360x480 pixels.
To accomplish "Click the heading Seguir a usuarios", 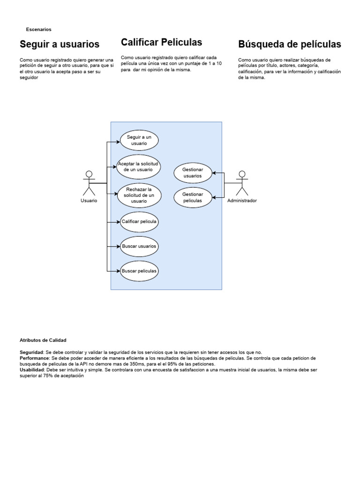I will pyautogui.click(x=60, y=45).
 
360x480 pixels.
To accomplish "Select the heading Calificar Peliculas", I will pyautogui.click(x=161, y=43).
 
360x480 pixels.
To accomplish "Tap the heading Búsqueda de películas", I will pyautogui.click(x=290, y=45).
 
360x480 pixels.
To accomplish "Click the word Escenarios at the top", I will pyautogui.click(x=38, y=30).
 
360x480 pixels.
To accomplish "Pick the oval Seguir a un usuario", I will pyautogui.click(x=139, y=140).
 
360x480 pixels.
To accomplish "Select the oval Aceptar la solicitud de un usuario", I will pyautogui.click(x=139, y=166).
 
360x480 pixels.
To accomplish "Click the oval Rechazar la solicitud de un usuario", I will pyautogui.click(x=139, y=195).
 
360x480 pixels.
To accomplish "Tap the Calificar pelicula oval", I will pyautogui.click(x=139, y=221).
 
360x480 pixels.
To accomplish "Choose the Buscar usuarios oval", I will pyautogui.click(x=139, y=246).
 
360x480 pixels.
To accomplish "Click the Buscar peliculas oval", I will pyautogui.click(x=139, y=271).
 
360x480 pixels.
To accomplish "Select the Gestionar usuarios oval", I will pyautogui.click(x=193, y=173).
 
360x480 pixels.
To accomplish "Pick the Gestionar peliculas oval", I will pyautogui.click(x=193, y=197).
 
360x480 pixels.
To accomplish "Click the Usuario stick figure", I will pyautogui.click(x=89, y=183).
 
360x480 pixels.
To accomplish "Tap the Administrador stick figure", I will pyautogui.click(x=242, y=183).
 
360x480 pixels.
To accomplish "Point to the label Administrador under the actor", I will pyautogui.click(x=242, y=201).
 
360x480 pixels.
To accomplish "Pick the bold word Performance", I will pyautogui.click(x=35, y=358).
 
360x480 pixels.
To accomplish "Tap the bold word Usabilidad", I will pyautogui.click(x=32, y=369).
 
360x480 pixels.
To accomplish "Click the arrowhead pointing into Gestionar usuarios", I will pyautogui.click(x=214, y=173).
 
